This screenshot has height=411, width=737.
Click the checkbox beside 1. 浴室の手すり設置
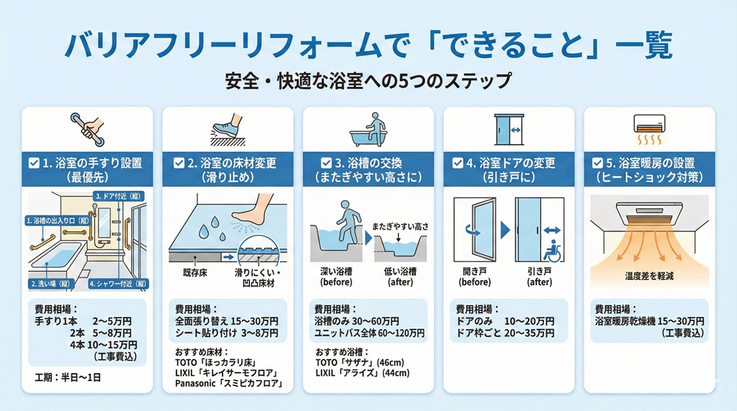point(34,163)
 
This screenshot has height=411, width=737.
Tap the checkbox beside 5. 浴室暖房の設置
point(598,163)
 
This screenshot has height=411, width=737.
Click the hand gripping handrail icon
point(88,129)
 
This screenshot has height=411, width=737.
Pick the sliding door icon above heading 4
point(509,129)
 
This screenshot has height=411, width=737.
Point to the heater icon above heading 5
point(649,129)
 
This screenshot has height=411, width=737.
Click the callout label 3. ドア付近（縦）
point(119,196)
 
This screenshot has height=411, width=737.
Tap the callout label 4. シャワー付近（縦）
point(119,284)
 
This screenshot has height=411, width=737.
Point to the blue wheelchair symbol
point(552,251)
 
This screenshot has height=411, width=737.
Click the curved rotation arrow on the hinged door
point(472,231)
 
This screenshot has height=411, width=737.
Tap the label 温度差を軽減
point(649,276)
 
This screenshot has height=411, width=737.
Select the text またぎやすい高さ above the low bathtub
point(400,226)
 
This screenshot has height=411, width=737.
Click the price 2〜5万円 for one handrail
point(112,321)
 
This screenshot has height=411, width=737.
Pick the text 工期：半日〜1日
point(68,377)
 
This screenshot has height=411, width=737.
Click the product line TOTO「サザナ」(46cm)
point(360,362)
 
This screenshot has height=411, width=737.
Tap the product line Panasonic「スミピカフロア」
point(229,384)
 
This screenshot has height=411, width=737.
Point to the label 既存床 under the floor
point(195,273)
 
